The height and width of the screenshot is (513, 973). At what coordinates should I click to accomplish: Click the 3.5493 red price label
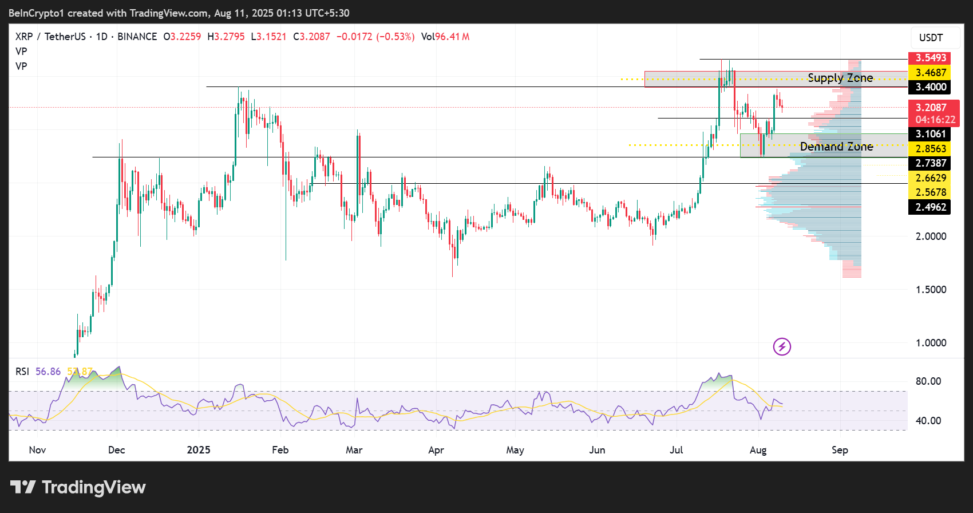pos(931,58)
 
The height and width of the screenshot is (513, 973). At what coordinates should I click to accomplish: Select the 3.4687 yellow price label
pos(931,73)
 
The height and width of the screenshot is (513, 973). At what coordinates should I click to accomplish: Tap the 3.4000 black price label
pos(931,87)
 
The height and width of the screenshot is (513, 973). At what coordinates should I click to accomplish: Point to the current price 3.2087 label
pos(931,108)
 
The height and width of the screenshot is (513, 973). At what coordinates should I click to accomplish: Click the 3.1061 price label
pos(931,134)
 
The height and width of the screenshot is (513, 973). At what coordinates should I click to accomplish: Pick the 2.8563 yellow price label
pos(931,149)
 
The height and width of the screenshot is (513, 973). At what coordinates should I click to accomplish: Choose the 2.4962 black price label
pos(931,207)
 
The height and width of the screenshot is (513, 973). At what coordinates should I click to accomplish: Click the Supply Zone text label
pos(840,78)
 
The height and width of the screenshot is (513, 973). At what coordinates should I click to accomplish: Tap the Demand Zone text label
pos(836,147)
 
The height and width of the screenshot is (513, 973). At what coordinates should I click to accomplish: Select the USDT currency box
pos(931,38)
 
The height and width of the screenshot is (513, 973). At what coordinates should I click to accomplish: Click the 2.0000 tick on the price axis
pos(931,236)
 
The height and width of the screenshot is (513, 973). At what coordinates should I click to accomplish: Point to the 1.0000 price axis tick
pos(931,343)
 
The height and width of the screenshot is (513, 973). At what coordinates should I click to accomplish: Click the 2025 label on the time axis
pos(199,450)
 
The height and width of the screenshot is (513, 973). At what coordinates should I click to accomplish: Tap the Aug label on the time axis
pos(758,450)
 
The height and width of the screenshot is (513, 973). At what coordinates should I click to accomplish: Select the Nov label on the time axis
pos(37,450)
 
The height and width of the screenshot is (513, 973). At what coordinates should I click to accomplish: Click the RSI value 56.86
pos(48,372)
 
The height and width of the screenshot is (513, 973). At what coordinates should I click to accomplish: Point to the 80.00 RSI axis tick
pos(928,381)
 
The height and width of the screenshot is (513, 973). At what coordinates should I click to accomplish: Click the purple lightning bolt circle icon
pos(782,346)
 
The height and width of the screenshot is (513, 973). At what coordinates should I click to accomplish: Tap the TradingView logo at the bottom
pos(78,487)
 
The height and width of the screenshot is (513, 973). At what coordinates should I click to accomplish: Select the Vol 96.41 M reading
pos(445,37)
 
